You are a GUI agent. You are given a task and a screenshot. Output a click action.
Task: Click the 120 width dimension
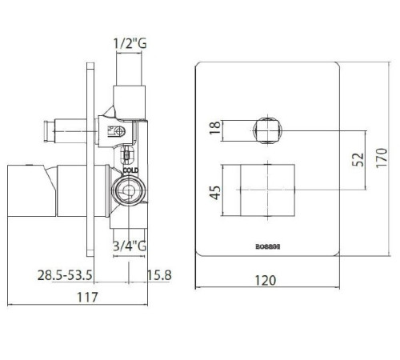click(x=267, y=280)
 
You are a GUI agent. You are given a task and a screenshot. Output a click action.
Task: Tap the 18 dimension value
click(x=214, y=128)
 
